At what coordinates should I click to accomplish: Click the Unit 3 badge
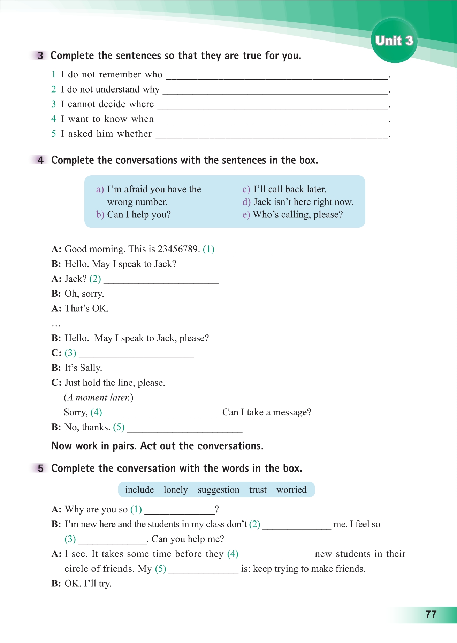394,40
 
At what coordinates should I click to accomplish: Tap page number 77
431,614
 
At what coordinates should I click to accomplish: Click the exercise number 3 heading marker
40,56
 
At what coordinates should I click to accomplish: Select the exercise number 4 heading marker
40,160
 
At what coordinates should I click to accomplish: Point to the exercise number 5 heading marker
40,468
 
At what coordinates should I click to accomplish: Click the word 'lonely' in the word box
176,490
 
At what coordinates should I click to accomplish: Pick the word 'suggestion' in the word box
219,490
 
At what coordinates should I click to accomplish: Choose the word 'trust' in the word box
258,490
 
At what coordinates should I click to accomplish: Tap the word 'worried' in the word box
291,490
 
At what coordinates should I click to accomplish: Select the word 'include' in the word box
139,490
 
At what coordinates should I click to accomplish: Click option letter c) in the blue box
246,189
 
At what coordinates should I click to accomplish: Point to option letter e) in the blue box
246,215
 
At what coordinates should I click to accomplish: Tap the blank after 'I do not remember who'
277,76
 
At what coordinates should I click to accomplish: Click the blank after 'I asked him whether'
272,135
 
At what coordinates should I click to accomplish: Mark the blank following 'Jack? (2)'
161,280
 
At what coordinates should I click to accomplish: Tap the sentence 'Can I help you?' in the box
139,215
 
